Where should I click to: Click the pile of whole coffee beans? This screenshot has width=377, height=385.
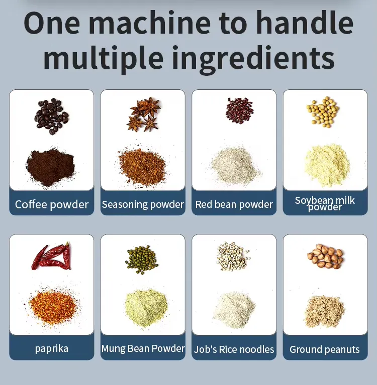coord(52,116)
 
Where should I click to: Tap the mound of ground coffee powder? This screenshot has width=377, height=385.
coord(50,167)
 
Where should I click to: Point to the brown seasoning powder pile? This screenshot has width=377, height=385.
coord(142,167)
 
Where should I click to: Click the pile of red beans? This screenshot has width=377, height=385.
coord(239,110)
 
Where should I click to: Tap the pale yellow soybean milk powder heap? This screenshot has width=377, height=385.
coord(327,165)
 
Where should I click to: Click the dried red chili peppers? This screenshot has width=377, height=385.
coord(51,255)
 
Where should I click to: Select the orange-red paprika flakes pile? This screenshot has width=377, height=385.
coord(52,307)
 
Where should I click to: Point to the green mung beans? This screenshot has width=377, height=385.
coord(142,260)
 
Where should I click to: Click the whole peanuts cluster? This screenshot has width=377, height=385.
coord(325,256)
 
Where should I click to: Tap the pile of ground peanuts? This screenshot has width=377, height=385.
coord(324,311)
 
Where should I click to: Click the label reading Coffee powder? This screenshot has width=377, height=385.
coord(52,204)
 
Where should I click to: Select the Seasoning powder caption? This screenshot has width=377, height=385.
coord(143,204)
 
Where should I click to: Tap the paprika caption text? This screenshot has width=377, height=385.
coord(52,349)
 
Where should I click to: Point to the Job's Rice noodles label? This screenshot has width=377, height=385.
coord(234,349)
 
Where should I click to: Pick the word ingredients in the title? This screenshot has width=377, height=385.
coord(253,59)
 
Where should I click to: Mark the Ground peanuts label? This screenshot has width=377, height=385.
coord(325,349)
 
